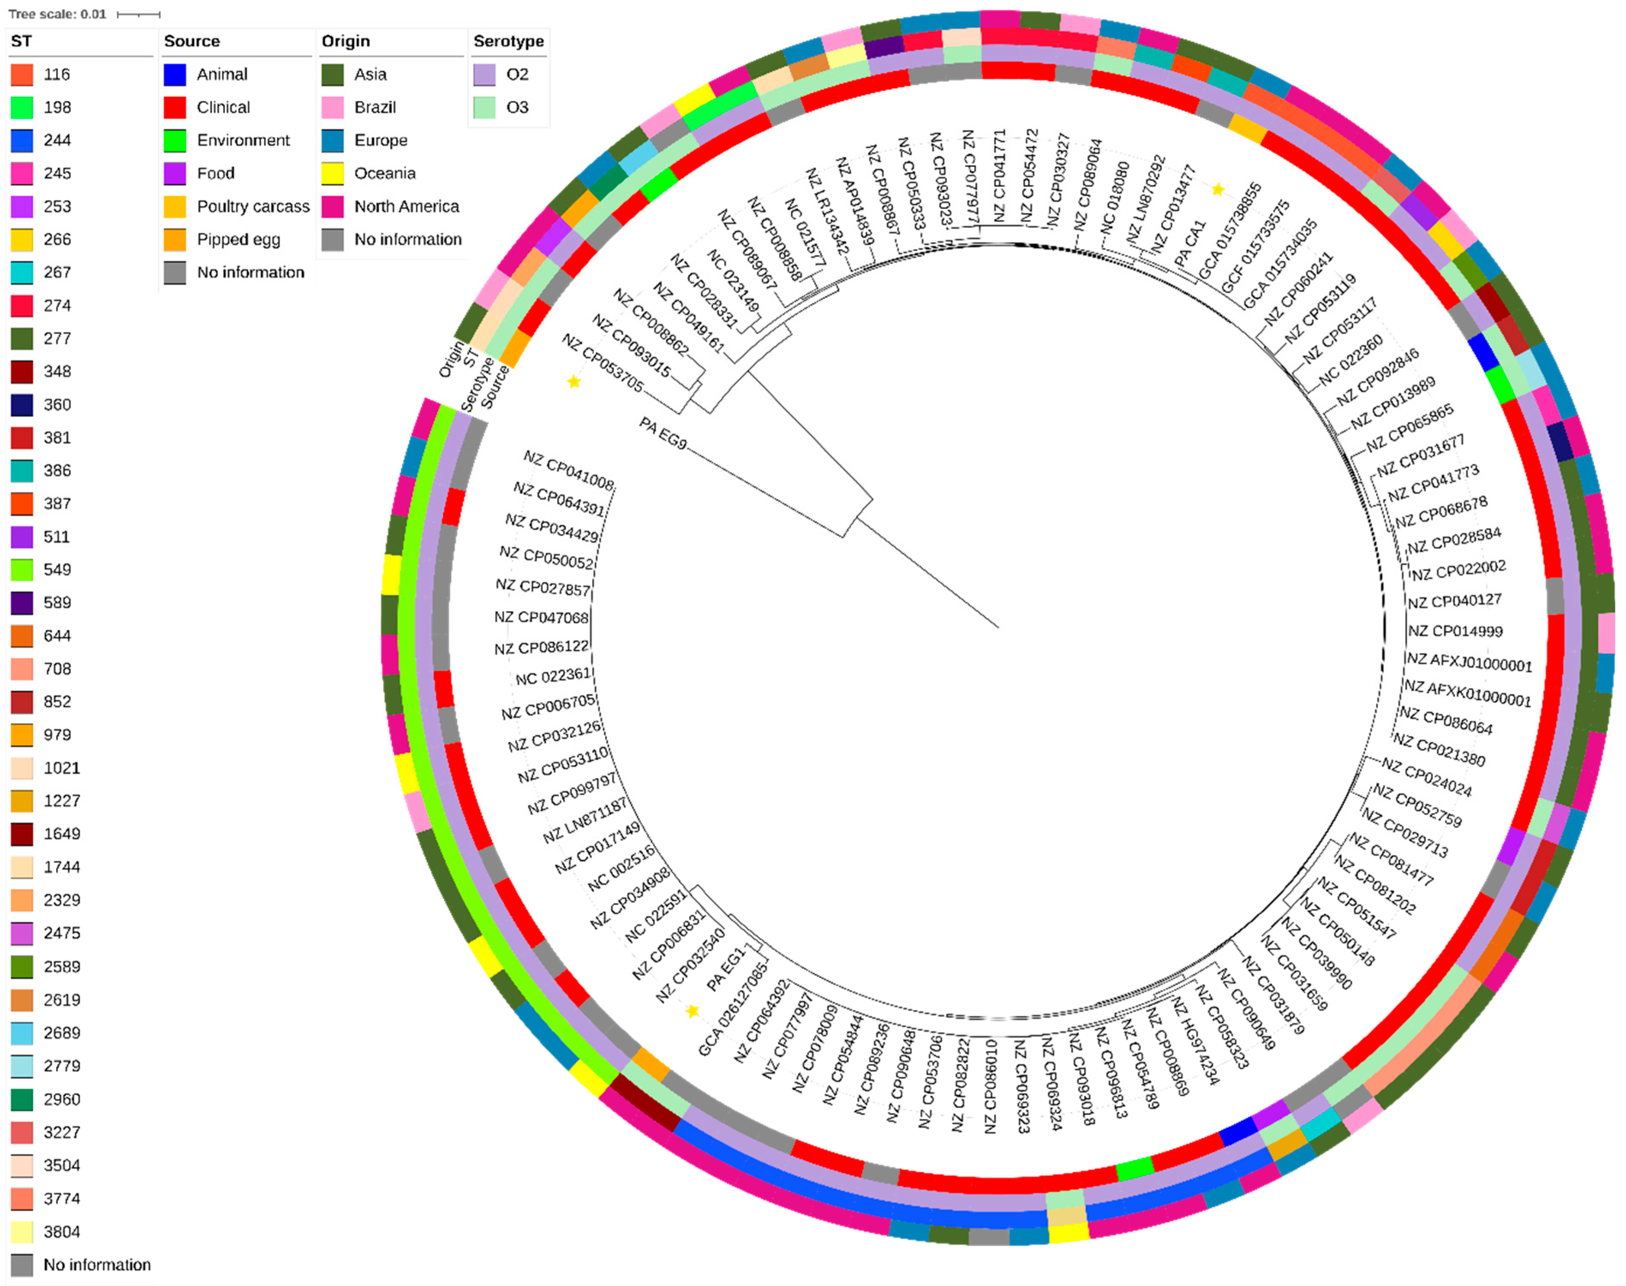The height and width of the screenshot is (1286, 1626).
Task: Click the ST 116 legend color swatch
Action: point(22,75)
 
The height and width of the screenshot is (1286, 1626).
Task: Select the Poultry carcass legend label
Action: point(253,206)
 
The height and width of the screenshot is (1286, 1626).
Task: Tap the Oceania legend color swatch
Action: point(332,173)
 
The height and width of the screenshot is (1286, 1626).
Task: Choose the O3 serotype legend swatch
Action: point(484,107)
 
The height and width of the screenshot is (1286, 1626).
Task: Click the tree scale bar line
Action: point(139,14)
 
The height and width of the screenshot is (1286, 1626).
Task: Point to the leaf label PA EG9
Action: point(662,433)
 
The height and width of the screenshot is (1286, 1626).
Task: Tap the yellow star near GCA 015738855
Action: point(1218,190)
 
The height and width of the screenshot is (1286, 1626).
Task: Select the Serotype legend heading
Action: point(508,42)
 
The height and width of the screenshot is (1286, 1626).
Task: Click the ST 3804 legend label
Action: point(62,1232)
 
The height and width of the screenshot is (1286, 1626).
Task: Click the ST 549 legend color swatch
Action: point(22,570)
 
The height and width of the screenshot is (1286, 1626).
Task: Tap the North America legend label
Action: point(406,206)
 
